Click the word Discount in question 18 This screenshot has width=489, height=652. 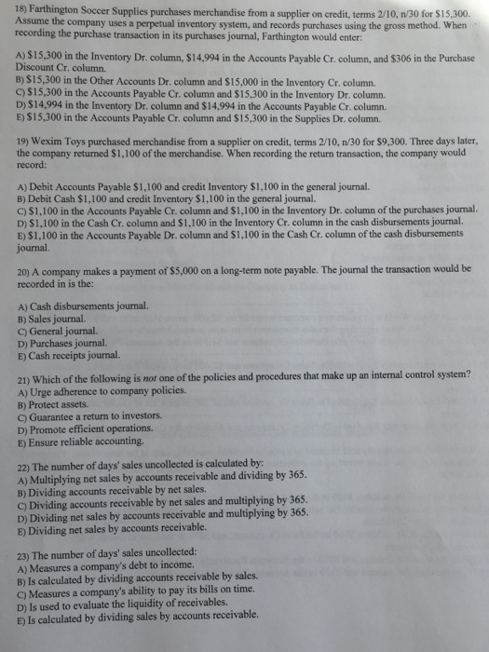[39, 69]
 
